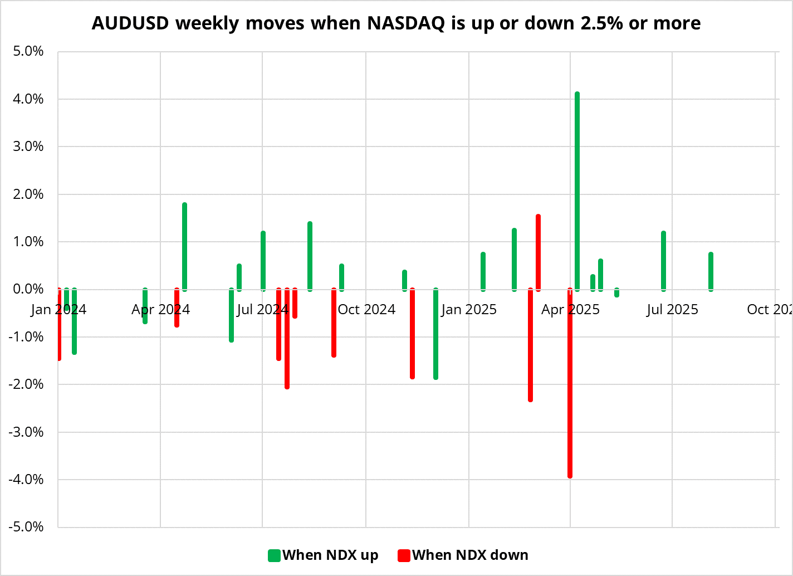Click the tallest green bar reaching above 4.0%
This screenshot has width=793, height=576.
pos(577,189)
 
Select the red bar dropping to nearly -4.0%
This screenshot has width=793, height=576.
pos(570,384)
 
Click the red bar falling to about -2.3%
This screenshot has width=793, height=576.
pos(530,345)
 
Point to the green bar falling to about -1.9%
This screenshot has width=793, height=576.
pos(435,334)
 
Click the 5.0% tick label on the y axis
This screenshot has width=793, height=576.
pos(27,52)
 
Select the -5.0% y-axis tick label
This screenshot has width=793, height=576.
pos(26,527)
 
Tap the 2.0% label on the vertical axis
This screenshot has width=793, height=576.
pos(27,194)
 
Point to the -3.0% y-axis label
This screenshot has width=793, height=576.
pos(26,432)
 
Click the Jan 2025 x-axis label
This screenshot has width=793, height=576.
pos(468,310)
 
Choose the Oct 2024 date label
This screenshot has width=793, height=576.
pos(366,310)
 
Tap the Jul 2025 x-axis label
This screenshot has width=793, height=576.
pos(672,310)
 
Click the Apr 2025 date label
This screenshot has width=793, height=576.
pos(570,310)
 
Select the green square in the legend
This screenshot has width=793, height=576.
pos(274,555)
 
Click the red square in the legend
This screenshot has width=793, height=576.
pos(404,555)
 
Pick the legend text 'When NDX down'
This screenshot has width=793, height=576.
pos(470,555)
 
